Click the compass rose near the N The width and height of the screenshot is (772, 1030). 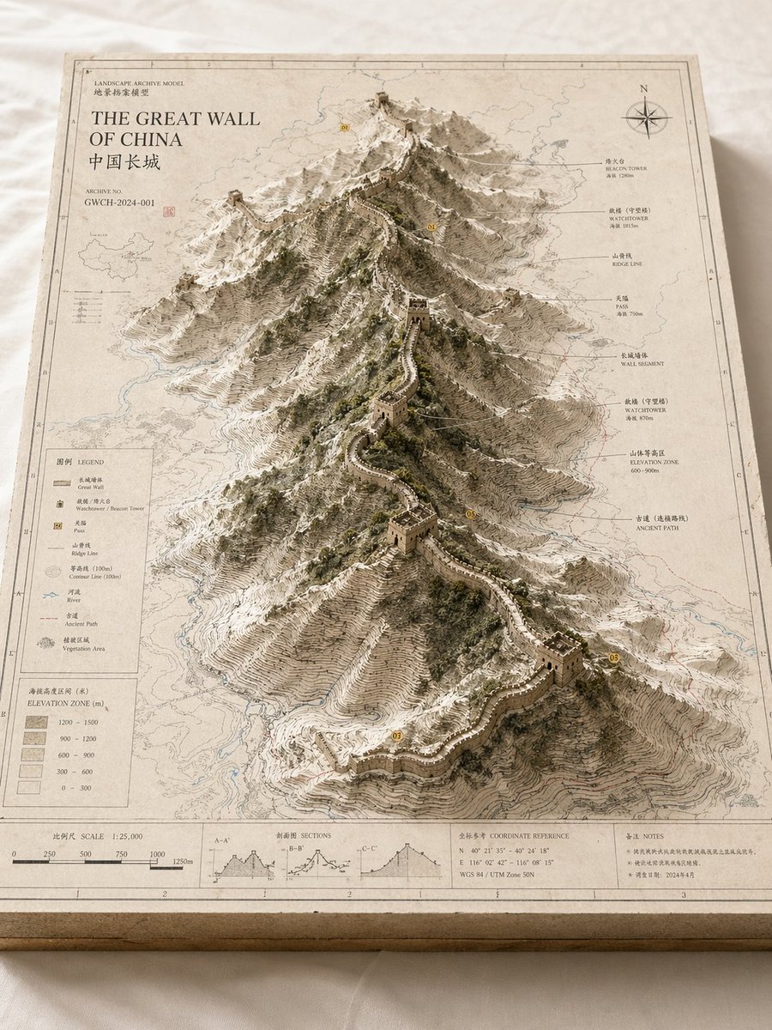647,117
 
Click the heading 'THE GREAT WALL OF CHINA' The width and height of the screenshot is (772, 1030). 175,129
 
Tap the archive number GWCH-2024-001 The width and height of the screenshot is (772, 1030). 120,203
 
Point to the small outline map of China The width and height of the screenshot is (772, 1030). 117,256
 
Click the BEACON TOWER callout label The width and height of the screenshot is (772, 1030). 626,165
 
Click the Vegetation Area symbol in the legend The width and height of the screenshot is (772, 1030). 46,642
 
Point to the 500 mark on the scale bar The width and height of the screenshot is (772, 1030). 86,854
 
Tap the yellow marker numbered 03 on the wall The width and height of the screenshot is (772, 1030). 396,736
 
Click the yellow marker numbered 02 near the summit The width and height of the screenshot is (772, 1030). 345,127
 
